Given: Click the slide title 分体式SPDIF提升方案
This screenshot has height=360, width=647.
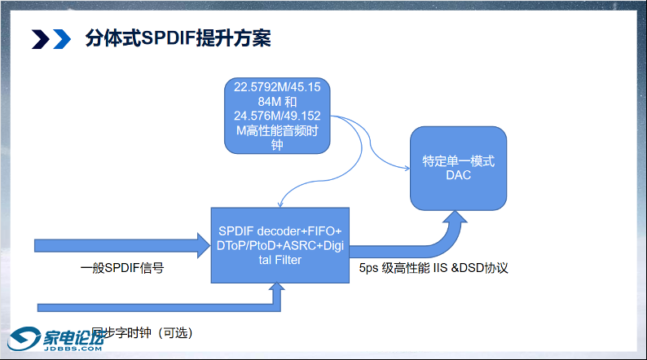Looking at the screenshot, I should tap(178, 38).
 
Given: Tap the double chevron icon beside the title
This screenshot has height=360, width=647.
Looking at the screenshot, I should tap(51, 38).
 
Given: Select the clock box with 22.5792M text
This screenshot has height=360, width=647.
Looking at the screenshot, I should tap(277, 115).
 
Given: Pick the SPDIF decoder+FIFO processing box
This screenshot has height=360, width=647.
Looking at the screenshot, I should tap(279, 244).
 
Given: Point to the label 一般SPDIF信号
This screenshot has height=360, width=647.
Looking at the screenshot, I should tap(122, 267).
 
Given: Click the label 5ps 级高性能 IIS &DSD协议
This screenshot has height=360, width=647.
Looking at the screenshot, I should tap(434, 267).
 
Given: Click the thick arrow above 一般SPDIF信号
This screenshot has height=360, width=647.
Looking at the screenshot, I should tap(122, 244).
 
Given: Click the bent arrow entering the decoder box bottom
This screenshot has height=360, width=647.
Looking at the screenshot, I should tap(163, 306).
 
